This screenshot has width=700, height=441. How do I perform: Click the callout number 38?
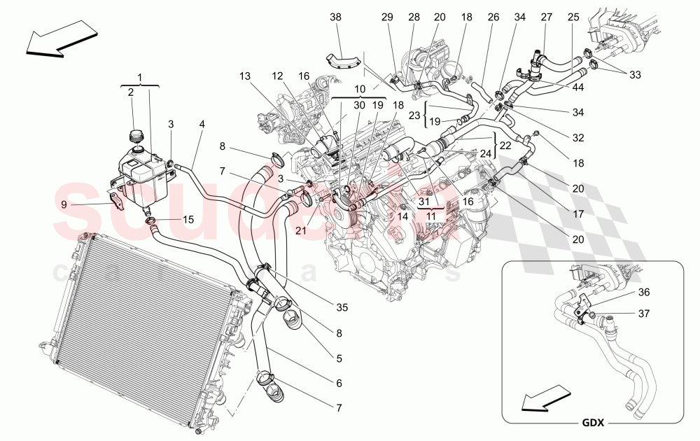tap(335, 16)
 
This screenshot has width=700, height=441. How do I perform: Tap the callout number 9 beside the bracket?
tap(64, 204)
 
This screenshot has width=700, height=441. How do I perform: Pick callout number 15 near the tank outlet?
tap(187, 219)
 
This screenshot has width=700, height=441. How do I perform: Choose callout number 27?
tap(546, 16)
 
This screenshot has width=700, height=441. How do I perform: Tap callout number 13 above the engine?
tap(244, 75)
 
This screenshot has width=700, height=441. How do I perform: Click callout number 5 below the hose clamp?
tap(339, 358)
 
